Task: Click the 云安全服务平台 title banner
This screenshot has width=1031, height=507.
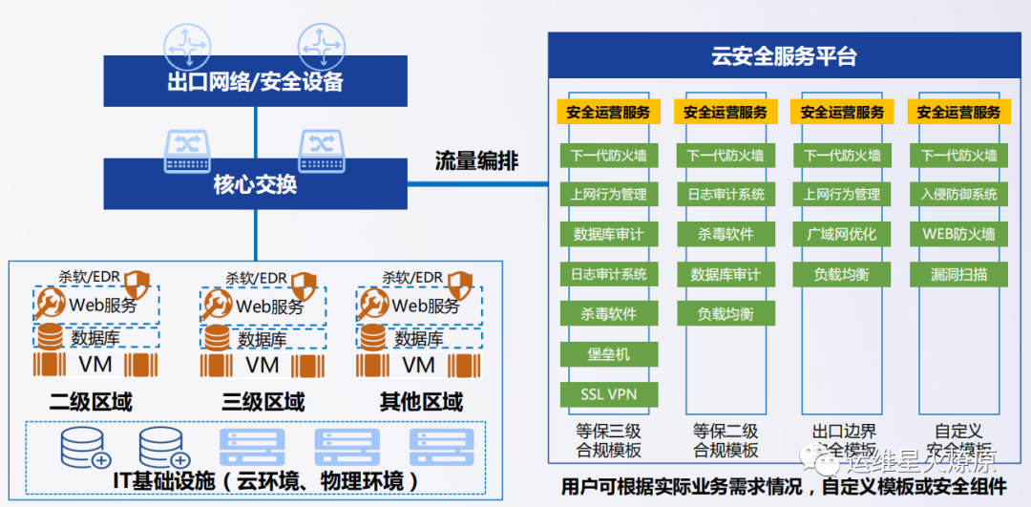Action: (785, 55)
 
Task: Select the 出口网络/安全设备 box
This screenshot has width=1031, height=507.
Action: (255, 80)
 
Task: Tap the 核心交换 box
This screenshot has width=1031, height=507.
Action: (255, 183)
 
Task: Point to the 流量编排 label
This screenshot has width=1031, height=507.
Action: (476, 161)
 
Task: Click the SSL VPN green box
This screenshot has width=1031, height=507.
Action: (608, 394)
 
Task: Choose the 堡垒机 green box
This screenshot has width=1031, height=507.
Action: (608, 354)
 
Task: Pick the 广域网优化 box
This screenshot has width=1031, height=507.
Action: (841, 234)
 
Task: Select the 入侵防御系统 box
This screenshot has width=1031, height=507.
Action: (958, 194)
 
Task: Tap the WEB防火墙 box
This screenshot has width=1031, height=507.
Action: (958, 234)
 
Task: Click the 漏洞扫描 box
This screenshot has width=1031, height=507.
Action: (958, 274)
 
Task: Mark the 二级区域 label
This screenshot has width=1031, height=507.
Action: (91, 401)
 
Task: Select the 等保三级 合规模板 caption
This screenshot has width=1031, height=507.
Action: (608, 441)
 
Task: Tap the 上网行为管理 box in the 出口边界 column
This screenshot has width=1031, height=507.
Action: (841, 194)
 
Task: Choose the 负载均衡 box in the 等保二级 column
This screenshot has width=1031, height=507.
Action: (726, 314)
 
